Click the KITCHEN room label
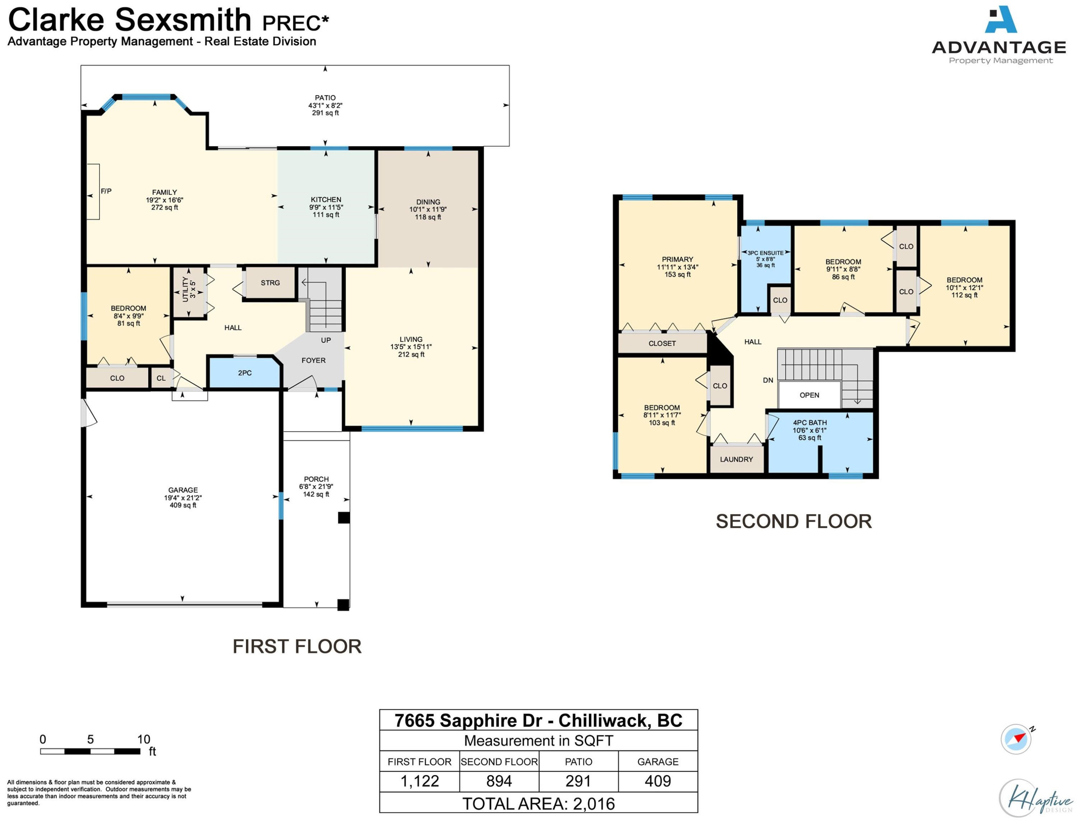pos(326,199)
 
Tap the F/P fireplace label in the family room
pos(106,191)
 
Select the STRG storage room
pos(270,283)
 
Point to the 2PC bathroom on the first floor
pos(245,373)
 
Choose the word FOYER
pos(313,360)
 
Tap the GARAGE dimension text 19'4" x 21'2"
pos(183,498)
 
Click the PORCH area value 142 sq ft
pos(316,494)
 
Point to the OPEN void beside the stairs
pos(809,395)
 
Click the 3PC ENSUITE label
pos(765,253)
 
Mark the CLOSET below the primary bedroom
pos(662,343)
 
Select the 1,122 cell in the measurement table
pos(420,781)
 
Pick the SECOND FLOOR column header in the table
pos(499,761)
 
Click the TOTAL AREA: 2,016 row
pos(538,803)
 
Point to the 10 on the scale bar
pos(144,739)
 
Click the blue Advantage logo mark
pos(1001,19)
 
